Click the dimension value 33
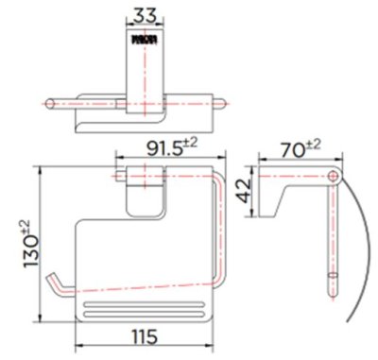tap(144, 16)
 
